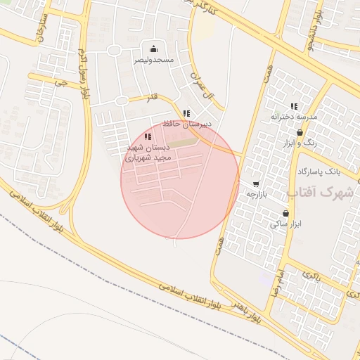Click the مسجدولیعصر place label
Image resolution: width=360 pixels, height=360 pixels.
click(x=153, y=60)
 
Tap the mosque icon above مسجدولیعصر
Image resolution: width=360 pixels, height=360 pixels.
click(x=153, y=49)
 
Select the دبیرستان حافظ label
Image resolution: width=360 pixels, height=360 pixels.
click(x=186, y=124)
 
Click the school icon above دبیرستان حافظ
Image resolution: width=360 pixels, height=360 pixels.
click(x=186, y=113)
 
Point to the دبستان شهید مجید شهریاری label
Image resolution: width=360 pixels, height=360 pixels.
click(x=148, y=153)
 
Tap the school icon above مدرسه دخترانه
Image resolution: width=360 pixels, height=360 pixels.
click(x=294, y=105)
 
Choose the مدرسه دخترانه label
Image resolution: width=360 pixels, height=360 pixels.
click(x=295, y=117)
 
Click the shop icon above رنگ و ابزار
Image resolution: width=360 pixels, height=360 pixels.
click(x=300, y=132)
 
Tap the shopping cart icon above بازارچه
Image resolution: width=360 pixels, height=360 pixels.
click(x=255, y=184)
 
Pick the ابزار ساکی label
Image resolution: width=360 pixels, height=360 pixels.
click(x=285, y=224)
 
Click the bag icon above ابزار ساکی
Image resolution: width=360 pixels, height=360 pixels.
click(x=285, y=212)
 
